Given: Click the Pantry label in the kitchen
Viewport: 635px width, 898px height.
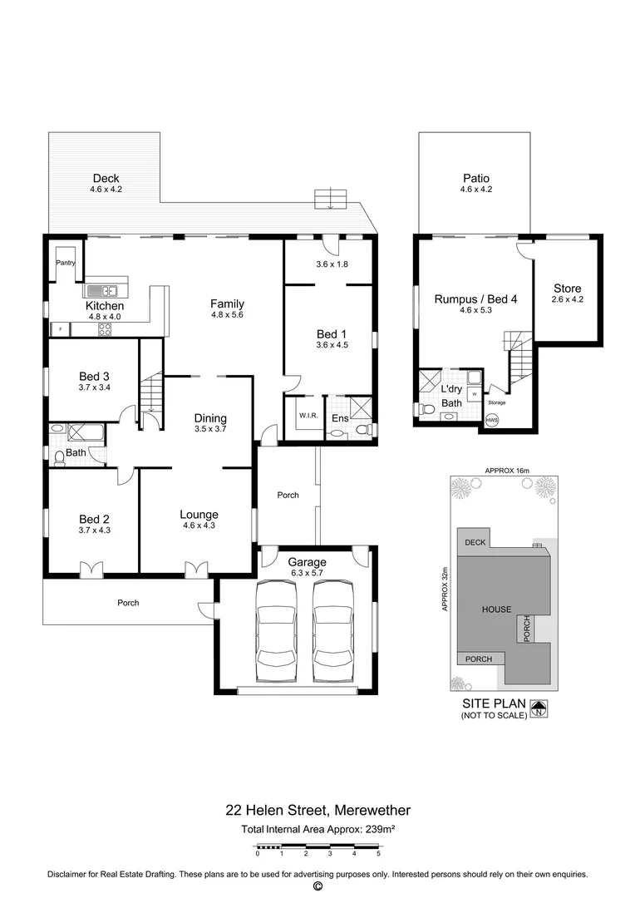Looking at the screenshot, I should (66, 263).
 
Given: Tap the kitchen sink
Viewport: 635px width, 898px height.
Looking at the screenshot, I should (105, 290).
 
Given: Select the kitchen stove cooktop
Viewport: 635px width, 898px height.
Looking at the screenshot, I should (106, 328).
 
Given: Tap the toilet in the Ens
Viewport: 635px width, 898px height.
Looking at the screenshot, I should (337, 432).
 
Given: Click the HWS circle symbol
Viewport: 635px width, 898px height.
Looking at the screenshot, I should (492, 420).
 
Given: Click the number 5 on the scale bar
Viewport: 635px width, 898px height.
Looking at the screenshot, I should (378, 854).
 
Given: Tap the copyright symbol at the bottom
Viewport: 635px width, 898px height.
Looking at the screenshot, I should (317, 887).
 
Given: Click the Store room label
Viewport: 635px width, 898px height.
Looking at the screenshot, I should (568, 289).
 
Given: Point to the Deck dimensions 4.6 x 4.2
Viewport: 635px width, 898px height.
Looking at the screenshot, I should (106, 190).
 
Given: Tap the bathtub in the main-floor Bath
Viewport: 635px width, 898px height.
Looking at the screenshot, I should (85, 432).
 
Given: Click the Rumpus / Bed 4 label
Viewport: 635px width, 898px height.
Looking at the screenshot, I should (475, 299).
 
